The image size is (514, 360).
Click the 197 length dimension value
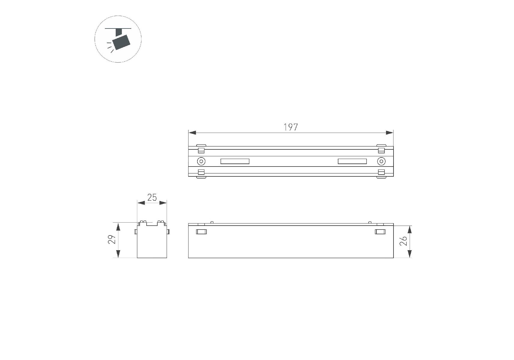291,127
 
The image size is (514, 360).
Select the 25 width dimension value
152,197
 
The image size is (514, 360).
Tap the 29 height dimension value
112,239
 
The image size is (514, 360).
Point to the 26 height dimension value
403,241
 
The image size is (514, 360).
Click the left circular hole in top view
201,161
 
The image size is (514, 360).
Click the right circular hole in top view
381,161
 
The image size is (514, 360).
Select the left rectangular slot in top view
235,161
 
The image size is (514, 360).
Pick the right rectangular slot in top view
352,161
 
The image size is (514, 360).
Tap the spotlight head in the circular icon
121,42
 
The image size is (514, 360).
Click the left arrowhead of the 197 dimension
192,133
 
